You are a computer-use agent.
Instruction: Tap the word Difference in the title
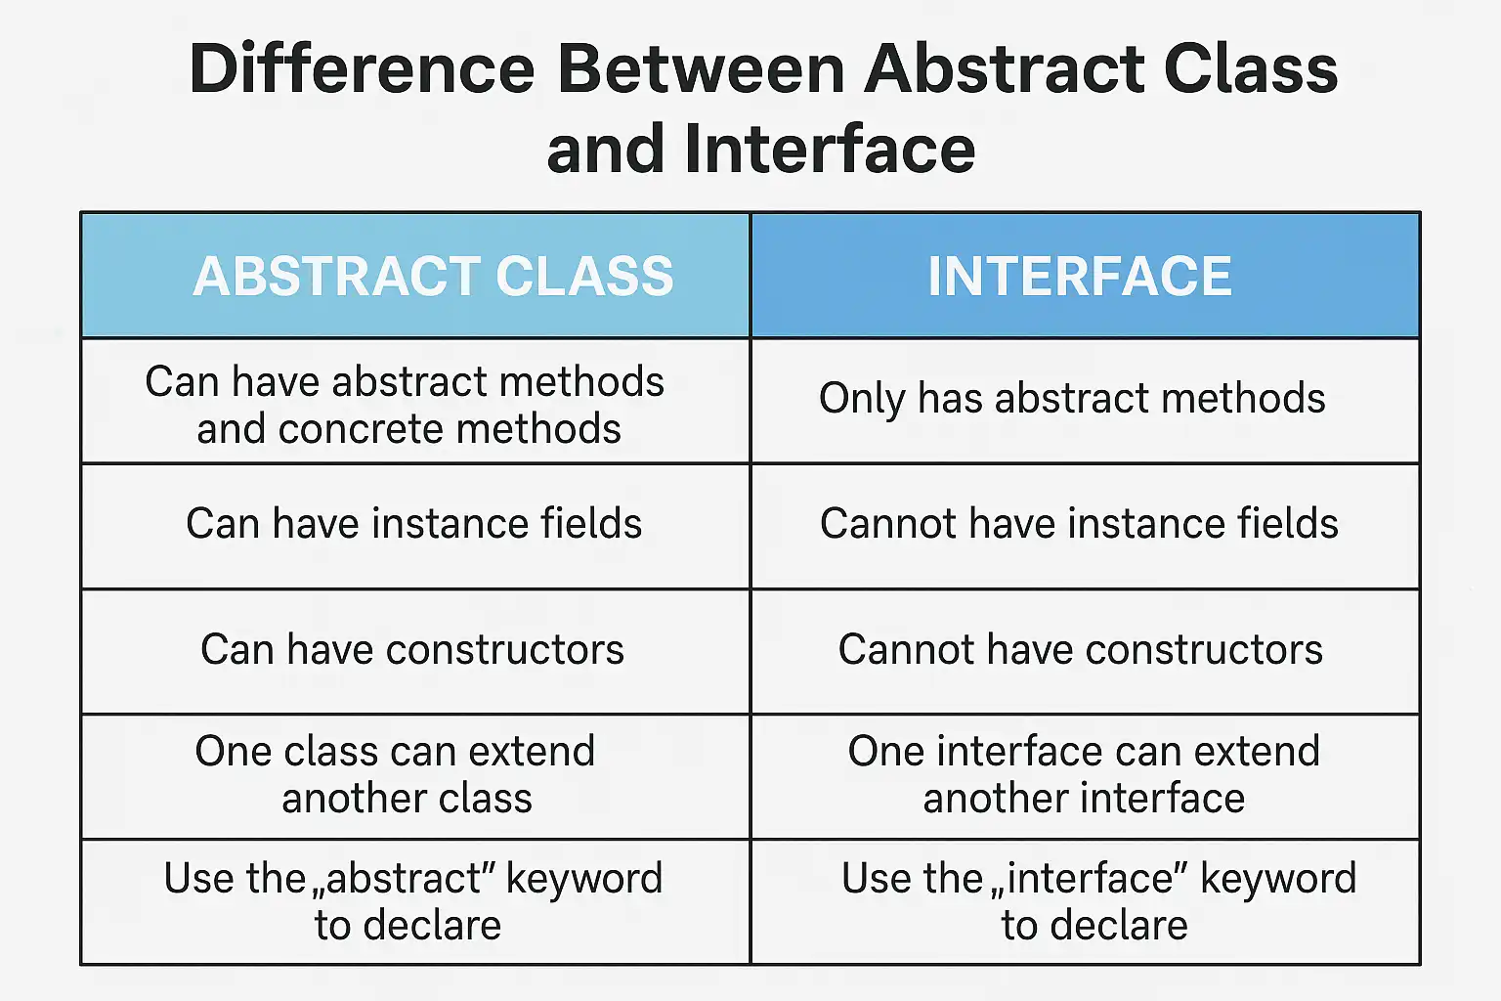pos(362,68)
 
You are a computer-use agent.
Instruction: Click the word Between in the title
pos(701,68)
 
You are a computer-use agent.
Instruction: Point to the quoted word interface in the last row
pos(1089,878)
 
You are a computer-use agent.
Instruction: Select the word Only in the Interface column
pos(861,400)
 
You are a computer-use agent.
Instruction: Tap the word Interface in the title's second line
pos(830,149)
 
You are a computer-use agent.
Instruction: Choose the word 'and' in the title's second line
pos(606,149)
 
